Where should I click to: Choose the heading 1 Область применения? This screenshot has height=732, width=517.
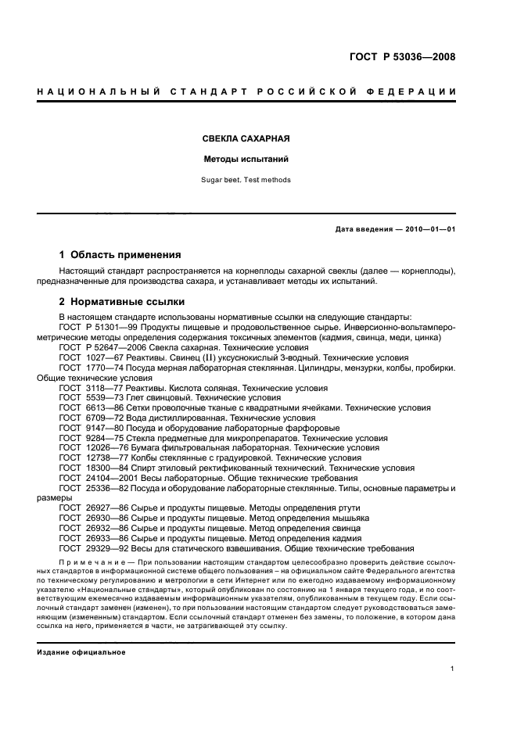(x=120, y=255)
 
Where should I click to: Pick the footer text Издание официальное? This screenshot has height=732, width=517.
(x=81, y=652)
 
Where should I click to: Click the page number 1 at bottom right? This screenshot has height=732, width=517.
(x=453, y=669)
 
